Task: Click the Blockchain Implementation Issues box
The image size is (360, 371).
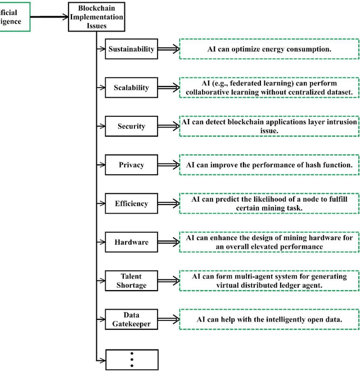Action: point(96,17)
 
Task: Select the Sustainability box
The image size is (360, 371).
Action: point(131,49)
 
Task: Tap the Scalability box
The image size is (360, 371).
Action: point(131,88)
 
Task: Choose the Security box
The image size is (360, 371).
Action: point(131,126)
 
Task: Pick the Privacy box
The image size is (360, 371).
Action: point(131,165)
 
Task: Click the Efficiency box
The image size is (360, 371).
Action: point(131,203)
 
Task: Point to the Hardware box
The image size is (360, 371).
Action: point(131,242)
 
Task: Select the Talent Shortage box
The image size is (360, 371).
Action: point(131,280)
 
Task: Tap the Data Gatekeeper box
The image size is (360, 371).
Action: point(131,319)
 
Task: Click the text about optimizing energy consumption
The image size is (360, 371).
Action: point(268,49)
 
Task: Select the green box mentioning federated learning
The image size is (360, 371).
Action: point(268,88)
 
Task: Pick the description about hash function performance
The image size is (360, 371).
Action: point(268,165)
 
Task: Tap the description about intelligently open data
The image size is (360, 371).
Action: point(268,319)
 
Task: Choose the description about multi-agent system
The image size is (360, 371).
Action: point(268,280)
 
